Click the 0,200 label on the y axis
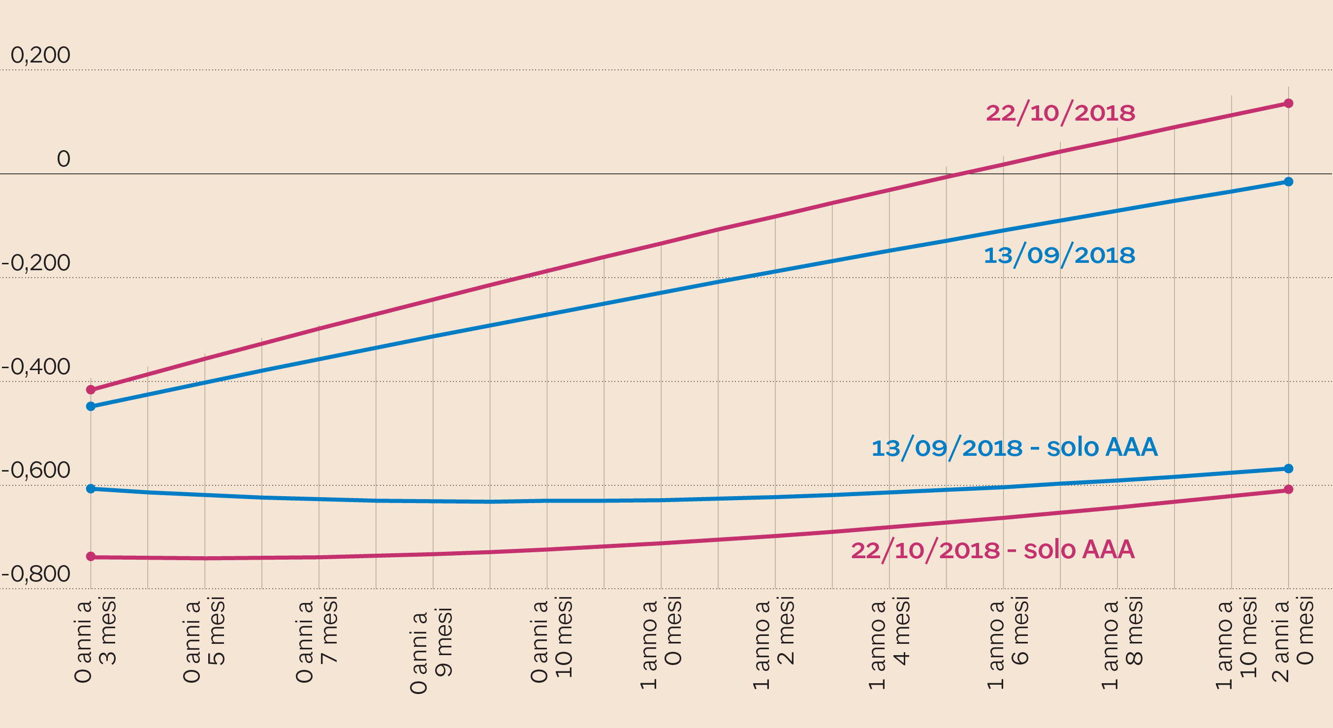(40, 55)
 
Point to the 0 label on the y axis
(63, 159)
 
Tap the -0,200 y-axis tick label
(36, 263)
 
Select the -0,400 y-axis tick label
(36, 367)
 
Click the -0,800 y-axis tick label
(36, 574)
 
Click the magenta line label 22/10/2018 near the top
(1060, 113)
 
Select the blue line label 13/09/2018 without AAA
(1059, 255)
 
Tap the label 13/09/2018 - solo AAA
(1014, 447)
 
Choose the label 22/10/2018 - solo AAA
(992, 550)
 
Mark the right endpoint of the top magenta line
(1289, 103)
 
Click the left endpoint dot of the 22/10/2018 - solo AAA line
(91, 557)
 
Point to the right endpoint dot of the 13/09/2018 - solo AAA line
(1289, 469)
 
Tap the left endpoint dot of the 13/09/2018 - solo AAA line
(91, 489)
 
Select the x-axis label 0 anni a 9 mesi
(431, 650)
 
